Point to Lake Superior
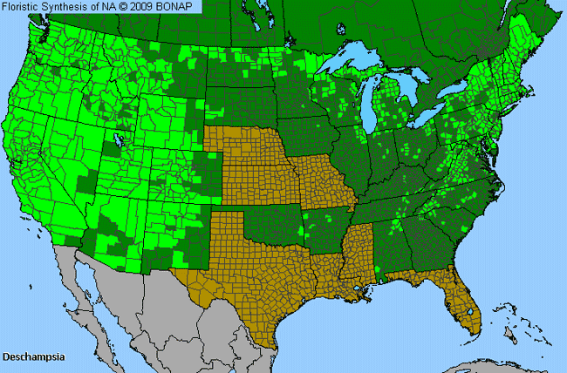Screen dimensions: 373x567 [x=353, y=64]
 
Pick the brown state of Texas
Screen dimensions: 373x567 [x=244, y=279]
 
